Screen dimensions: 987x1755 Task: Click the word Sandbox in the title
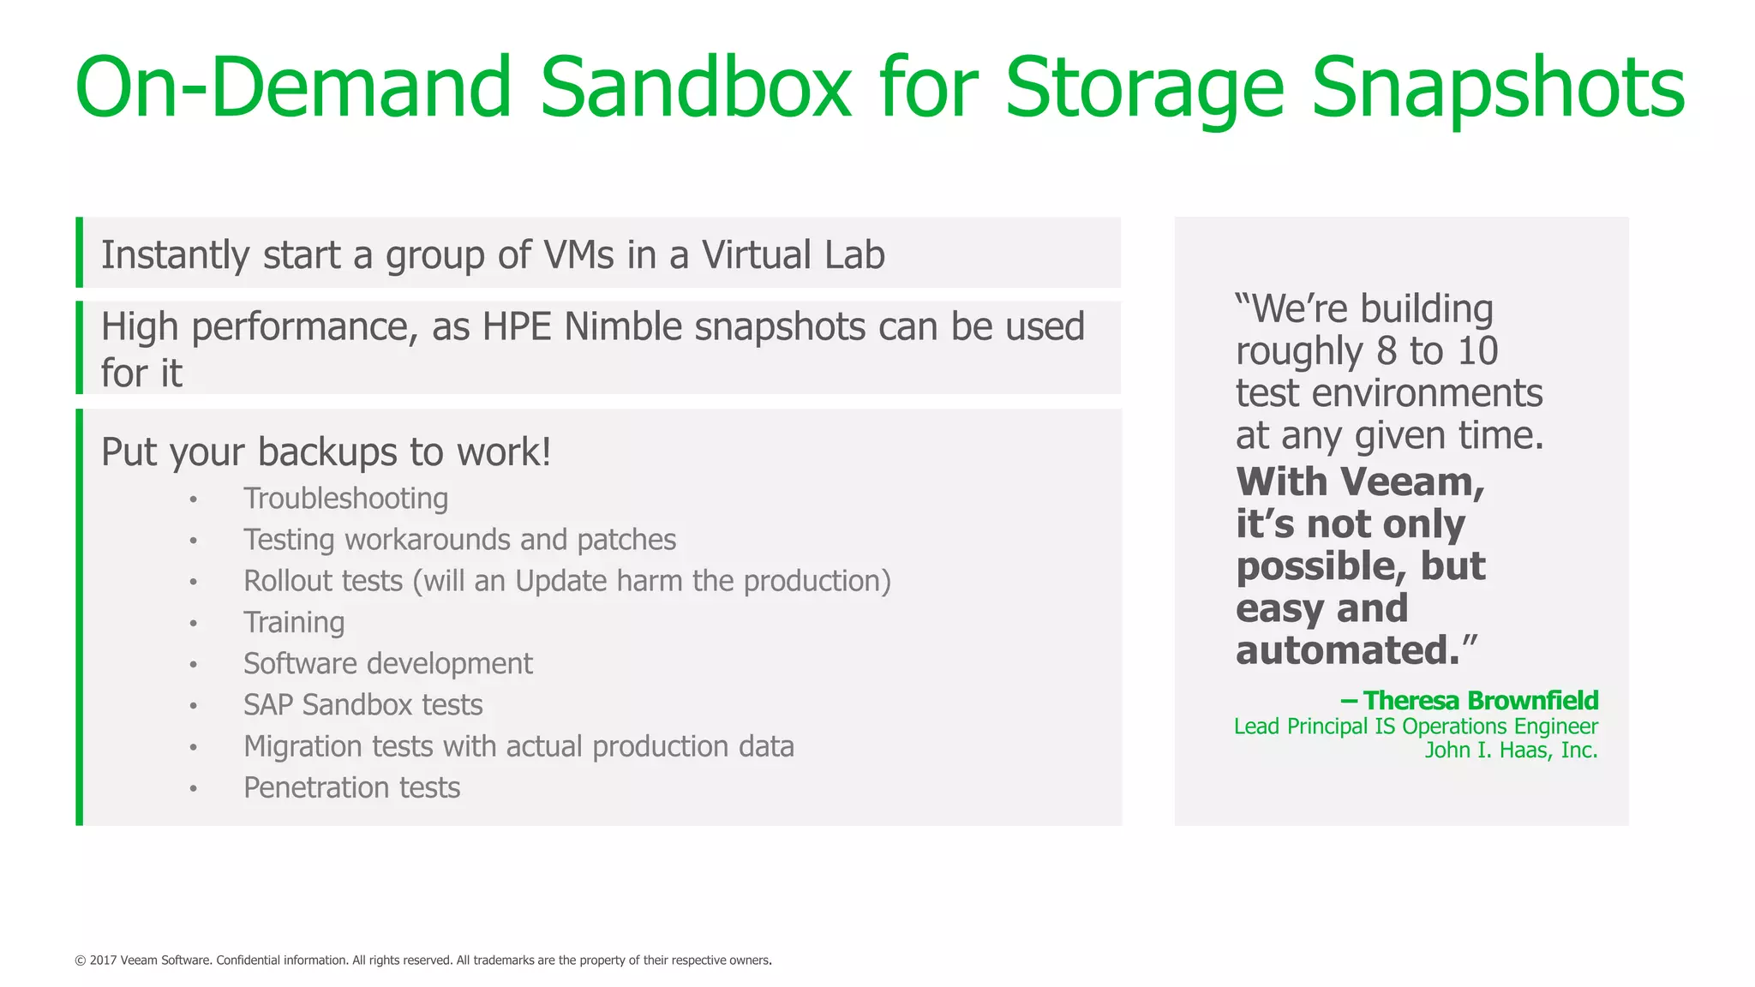tap(695, 87)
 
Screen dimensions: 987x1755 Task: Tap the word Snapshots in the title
tap(1498, 87)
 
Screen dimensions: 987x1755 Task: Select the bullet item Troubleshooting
tap(345, 499)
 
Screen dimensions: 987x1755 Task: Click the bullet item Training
tap(294, 622)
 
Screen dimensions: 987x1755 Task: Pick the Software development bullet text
tap(387, 664)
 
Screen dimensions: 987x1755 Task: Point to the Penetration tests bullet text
tap(351, 787)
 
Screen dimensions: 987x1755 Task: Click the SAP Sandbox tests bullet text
tap(362, 705)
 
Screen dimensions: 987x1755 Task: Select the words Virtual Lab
tap(793, 255)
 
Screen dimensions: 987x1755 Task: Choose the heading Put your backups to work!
tap(326, 452)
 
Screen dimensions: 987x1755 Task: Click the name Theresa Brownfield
tap(1480, 701)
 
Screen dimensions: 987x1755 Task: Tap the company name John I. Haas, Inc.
tap(1511, 751)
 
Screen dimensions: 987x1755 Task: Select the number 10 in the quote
tap(1477, 351)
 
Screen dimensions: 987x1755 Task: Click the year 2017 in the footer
tap(103, 960)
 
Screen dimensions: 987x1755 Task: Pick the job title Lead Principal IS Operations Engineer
tap(1416, 727)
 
